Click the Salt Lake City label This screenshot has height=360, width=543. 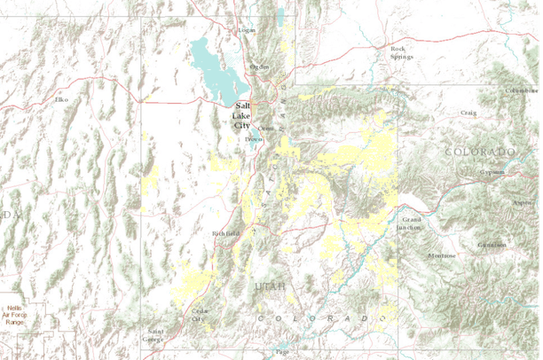(x=241, y=116)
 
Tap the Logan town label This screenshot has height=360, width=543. (x=247, y=30)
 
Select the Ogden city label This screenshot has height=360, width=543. (x=259, y=66)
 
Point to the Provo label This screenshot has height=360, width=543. (x=253, y=139)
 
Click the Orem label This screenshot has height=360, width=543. (x=264, y=127)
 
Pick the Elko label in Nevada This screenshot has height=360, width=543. (x=62, y=99)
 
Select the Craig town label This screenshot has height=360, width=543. (x=468, y=113)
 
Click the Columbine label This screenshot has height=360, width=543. (x=521, y=90)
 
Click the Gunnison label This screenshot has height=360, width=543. (x=491, y=245)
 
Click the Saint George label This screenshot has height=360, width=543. (x=154, y=334)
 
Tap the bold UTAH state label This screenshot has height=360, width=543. (x=271, y=286)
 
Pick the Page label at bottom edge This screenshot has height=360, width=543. (x=282, y=352)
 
